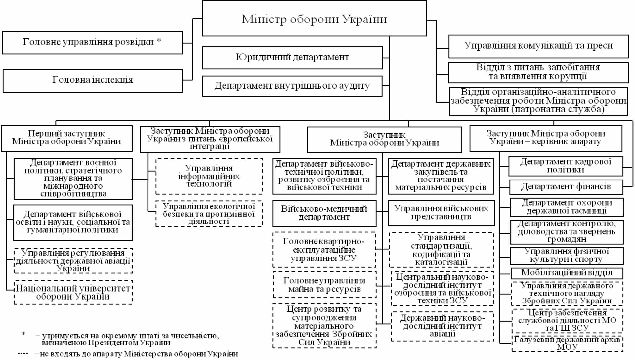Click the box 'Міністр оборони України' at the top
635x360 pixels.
[314, 19]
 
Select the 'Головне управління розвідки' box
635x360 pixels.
[92, 43]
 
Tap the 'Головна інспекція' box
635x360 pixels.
[93, 80]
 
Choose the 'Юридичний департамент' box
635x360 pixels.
[292, 58]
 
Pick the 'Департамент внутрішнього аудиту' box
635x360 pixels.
[292, 86]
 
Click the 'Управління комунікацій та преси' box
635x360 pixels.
[538, 46]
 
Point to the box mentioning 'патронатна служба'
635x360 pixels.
[538, 101]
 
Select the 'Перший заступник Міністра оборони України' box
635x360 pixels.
[66, 138]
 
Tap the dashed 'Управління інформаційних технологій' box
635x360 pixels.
[209, 176]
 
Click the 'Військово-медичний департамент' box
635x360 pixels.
[324, 213]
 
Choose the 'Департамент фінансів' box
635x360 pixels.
[566, 187]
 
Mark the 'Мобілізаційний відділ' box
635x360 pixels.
[567, 273]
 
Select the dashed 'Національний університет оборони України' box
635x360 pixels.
[73, 292]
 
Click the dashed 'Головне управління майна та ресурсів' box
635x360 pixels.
[324, 285]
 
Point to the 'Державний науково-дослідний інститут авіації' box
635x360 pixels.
[442, 326]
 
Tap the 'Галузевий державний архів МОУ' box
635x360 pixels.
[567, 343]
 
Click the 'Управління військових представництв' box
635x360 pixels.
[441, 213]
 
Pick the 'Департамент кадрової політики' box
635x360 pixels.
[566, 166]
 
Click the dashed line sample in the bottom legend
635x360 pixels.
[23, 354]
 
